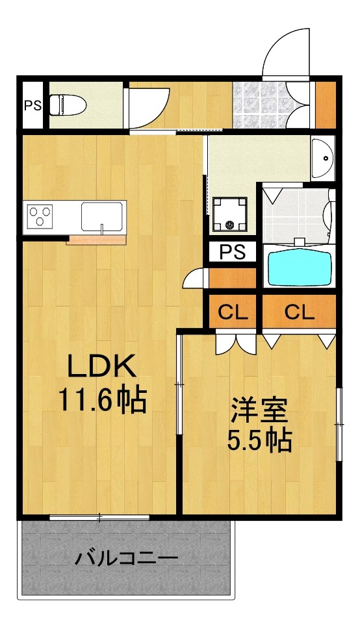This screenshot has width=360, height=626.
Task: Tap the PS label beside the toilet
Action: pos(32,105)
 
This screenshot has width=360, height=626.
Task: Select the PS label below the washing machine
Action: pos(233,252)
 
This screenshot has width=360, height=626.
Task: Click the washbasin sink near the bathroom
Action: pos(322,158)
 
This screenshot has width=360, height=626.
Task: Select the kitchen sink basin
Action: pos(103,216)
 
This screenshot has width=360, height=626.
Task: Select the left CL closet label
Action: pos(233,313)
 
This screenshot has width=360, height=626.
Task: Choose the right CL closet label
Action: pos(300,313)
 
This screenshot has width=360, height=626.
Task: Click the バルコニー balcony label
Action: pos(126,557)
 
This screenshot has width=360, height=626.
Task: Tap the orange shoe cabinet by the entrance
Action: pos(325,105)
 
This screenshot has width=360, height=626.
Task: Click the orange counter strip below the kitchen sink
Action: pos(96,240)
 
